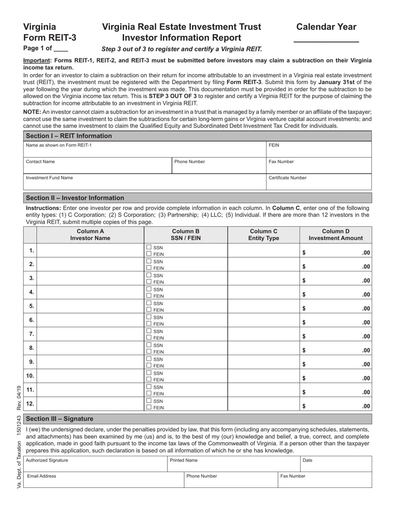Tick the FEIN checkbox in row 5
[x=149, y=310]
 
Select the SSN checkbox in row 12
[x=149, y=401]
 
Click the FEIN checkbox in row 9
[x=149, y=366]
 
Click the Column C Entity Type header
[x=263, y=235]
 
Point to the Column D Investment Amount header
[x=336, y=235]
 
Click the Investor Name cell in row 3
[x=90, y=278]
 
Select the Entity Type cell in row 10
[x=263, y=376]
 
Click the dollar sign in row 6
[x=304, y=322]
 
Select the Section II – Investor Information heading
[x=75, y=198]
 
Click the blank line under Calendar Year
[x=326, y=40]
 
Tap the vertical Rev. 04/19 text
[x=19, y=397]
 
